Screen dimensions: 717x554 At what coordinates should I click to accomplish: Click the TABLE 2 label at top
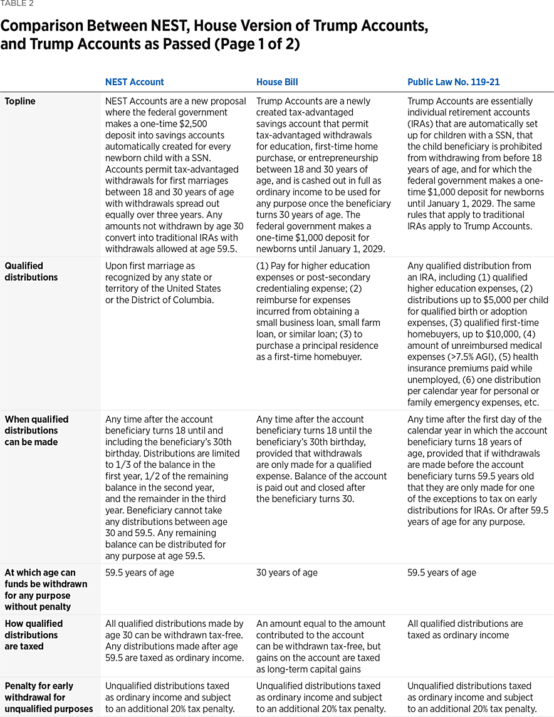point(17,4)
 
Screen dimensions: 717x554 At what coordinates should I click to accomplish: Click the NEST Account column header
point(134,82)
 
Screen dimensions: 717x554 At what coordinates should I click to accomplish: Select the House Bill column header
point(277,82)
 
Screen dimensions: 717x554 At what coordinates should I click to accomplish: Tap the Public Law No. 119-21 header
point(453,82)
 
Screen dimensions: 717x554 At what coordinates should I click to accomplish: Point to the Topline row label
point(20,101)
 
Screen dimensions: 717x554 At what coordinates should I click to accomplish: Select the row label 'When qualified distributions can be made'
point(36,430)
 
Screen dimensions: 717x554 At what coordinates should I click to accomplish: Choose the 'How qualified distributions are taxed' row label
point(34,634)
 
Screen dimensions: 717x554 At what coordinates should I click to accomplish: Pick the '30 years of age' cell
point(286,572)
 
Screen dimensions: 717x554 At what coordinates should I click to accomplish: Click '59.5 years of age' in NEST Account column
point(139,572)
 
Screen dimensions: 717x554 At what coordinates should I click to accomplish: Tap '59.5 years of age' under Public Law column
point(441,572)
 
